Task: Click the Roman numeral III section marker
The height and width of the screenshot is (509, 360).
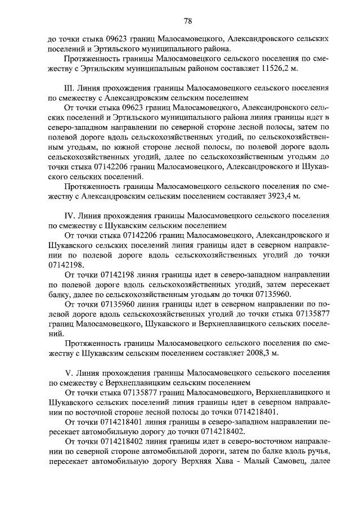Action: point(70,89)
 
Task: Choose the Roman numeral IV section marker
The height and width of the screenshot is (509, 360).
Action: point(70,216)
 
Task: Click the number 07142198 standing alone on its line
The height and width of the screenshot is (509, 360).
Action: point(66,264)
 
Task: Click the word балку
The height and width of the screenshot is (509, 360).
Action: point(60,294)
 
